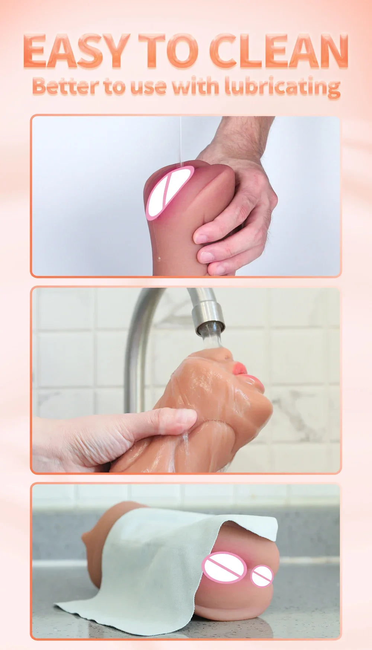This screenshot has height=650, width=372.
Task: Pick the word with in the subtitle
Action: point(195,86)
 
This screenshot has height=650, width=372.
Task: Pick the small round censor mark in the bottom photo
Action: point(262,576)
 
